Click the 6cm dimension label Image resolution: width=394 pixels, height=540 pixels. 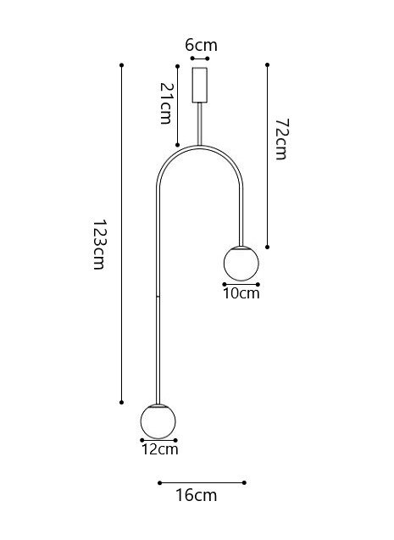pos(202,45)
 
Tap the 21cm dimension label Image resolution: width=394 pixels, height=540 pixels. pos(166,103)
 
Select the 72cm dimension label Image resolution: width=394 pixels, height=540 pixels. pos(282,139)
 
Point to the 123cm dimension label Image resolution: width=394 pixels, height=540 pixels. pos(100,244)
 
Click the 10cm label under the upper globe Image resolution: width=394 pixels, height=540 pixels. pos(241,293)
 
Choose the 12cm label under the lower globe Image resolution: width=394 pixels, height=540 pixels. pos(160,449)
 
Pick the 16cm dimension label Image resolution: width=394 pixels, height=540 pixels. pos(196,495)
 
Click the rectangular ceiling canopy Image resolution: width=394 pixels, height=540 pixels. pos(200,85)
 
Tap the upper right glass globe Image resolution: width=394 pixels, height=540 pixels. pos(241,264)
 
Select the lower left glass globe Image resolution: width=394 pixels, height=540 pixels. pos(158,420)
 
